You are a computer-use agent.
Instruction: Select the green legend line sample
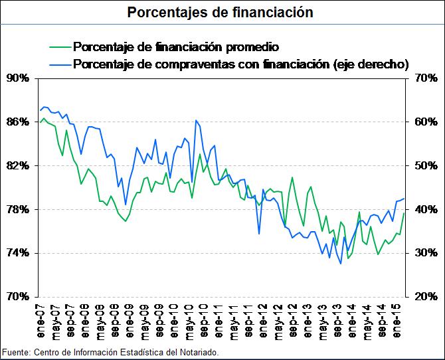coord(60,48)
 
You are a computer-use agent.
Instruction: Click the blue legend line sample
coord(60,64)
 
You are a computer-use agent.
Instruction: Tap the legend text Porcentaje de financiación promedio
coord(175,48)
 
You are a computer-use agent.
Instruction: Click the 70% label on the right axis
coord(422,78)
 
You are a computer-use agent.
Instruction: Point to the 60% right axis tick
coord(422,122)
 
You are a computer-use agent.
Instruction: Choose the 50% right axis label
coord(422,165)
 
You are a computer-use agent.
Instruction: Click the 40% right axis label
coord(422,209)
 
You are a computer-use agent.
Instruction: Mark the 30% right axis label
coord(422,253)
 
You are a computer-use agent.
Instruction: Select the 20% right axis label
coord(422,296)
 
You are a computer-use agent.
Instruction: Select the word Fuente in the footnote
coord(15,351)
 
